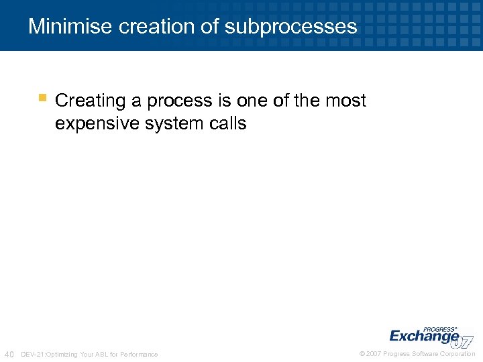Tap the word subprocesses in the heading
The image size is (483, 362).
coord(290,26)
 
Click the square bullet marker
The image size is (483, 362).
coord(42,98)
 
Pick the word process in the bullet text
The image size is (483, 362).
coord(176,101)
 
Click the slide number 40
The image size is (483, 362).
coord(9,354)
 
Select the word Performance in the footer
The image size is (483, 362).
coord(139,354)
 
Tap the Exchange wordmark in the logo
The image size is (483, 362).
coord(424,335)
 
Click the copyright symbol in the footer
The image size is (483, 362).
coord(362,354)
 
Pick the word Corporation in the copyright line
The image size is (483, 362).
coord(457,354)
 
